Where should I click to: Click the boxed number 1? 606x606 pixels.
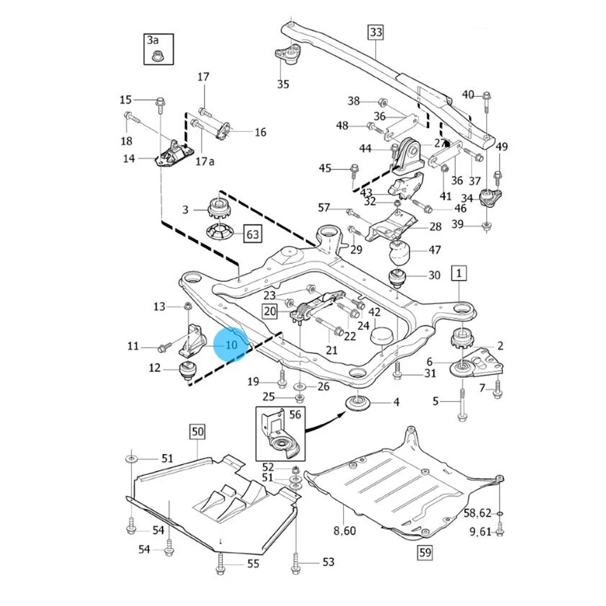click(x=459, y=275)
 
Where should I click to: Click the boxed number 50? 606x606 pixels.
click(x=198, y=432)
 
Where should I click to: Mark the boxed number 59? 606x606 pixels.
click(x=424, y=552)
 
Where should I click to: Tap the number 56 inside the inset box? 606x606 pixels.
click(x=295, y=415)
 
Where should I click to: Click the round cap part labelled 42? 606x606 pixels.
click(x=382, y=336)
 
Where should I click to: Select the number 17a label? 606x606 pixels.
click(x=205, y=162)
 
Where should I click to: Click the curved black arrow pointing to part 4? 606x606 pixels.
click(x=321, y=423)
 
